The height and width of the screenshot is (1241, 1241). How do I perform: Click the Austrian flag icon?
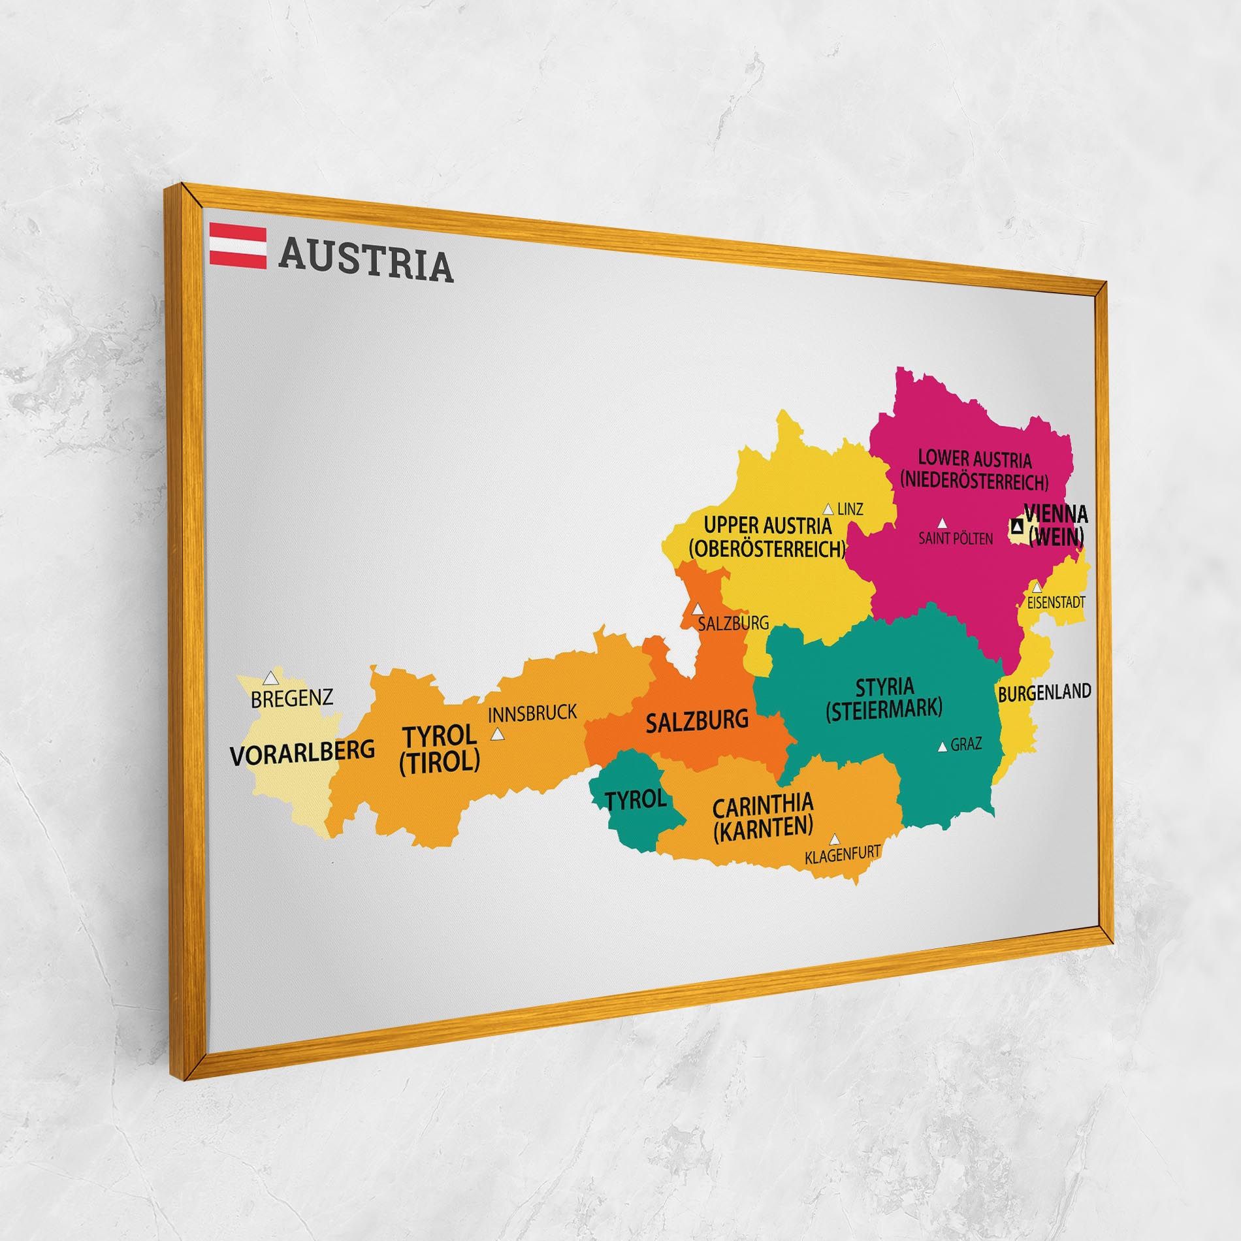tap(238, 246)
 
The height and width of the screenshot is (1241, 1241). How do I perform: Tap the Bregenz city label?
tap(292, 698)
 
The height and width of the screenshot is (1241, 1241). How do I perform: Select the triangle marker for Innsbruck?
tap(498, 734)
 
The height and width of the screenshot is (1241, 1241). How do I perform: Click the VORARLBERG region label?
tap(302, 752)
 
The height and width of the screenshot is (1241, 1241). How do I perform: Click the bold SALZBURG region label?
tap(696, 721)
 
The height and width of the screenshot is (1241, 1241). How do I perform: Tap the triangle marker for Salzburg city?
tap(698, 607)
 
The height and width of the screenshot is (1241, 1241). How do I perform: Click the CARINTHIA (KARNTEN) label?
tap(762, 815)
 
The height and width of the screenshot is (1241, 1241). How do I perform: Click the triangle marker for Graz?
tap(942, 747)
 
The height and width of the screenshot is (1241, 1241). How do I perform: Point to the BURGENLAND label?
tap(1044, 692)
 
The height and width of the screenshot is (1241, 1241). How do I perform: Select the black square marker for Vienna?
tap(1017, 524)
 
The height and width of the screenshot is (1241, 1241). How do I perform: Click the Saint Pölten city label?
tap(955, 539)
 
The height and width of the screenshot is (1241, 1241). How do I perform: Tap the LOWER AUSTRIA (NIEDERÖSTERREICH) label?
tap(974, 470)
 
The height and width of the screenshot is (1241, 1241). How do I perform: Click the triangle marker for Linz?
tap(828, 509)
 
